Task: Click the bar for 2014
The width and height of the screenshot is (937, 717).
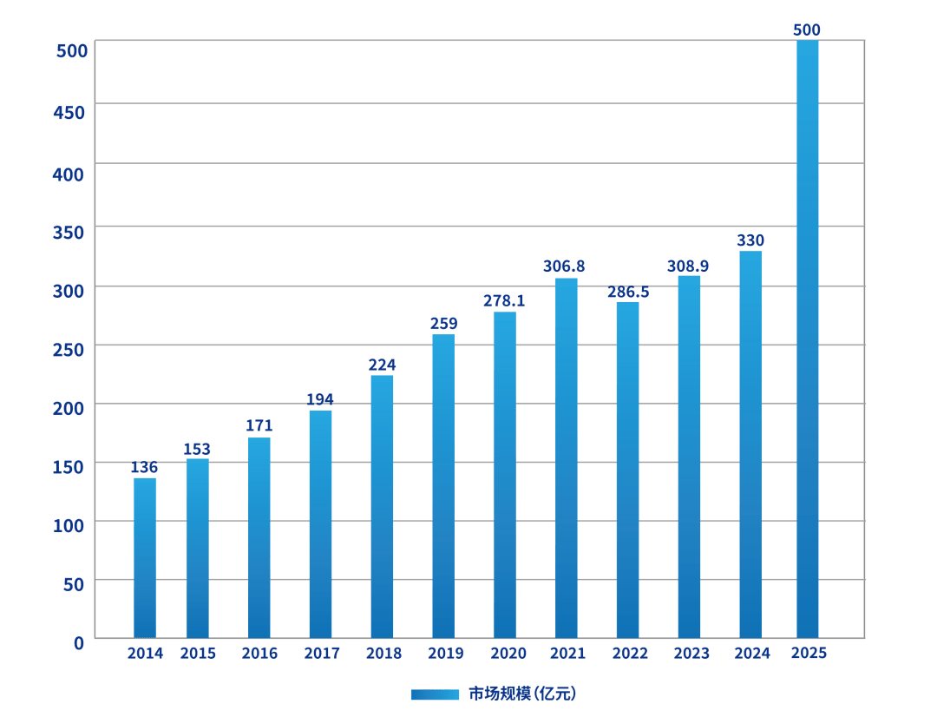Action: click(x=145, y=557)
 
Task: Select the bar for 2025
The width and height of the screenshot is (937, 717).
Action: click(x=807, y=339)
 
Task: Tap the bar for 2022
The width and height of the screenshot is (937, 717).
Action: click(x=627, y=470)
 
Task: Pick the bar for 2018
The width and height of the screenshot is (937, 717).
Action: click(x=382, y=506)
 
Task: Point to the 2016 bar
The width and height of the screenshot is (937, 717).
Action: click(x=259, y=537)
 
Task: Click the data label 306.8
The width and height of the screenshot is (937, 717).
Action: click(x=564, y=266)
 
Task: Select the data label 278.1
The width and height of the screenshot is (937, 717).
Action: click(x=504, y=301)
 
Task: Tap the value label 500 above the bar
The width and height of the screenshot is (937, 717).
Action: click(x=807, y=30)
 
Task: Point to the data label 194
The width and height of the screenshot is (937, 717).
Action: click(x=320, y=399)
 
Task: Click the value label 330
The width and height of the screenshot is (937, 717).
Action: click(x=750, y=240)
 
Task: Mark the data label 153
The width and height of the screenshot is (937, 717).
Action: click(x=197, y=449)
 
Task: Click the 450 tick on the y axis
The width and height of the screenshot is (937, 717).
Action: click(x=71, y=112)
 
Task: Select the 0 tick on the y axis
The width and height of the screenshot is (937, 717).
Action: click(x=79, y=643)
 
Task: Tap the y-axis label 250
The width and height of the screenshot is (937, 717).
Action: click(x=71, y=349)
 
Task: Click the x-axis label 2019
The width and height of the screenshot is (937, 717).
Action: click(x=446, y=654)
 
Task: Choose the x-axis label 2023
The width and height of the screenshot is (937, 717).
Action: click(x=691, y=654)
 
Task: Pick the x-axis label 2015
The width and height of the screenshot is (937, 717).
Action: click(x=198, y=654)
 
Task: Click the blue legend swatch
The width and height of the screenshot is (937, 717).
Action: click(x=435, y=694)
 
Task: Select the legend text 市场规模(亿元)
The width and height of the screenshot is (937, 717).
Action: click(x=522, y=694)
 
